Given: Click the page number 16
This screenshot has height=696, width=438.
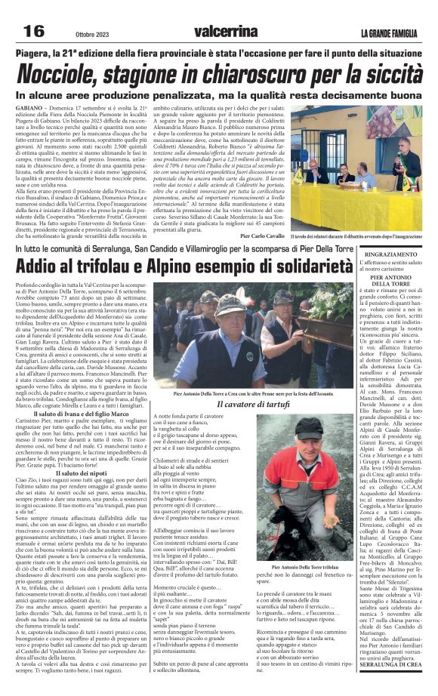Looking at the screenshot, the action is [34, 31].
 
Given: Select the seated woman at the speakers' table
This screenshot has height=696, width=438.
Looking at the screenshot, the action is [344, 175].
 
